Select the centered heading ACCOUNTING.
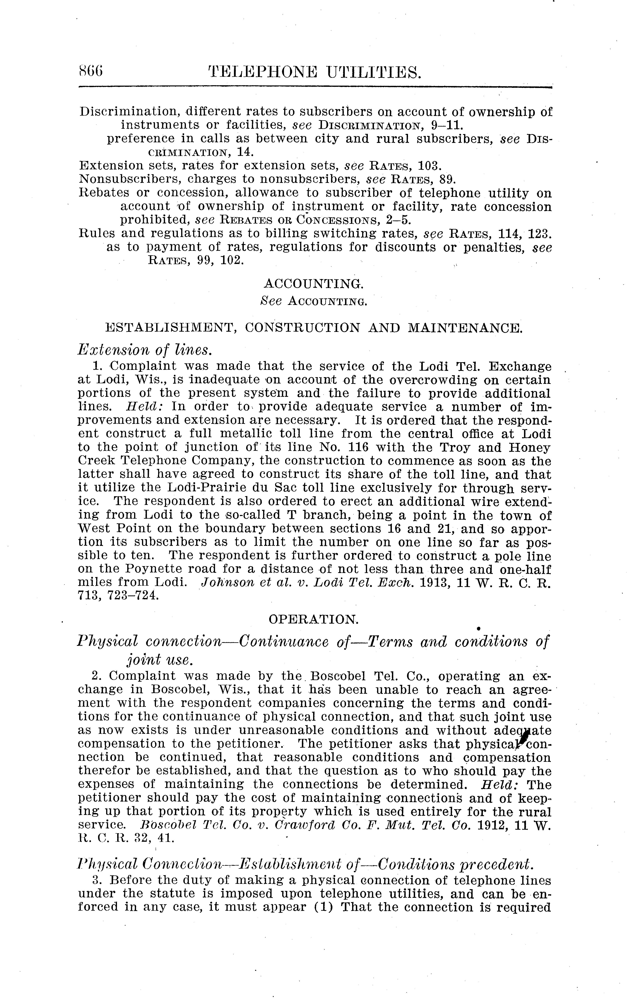313,284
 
